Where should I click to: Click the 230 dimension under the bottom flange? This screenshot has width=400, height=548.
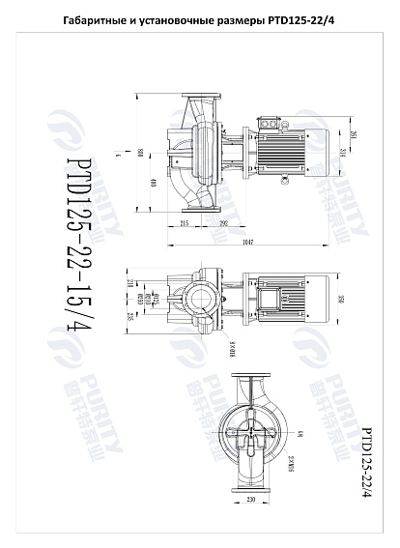(x=249, y=500)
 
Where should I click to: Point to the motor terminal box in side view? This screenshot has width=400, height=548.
(x=273, y=125)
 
